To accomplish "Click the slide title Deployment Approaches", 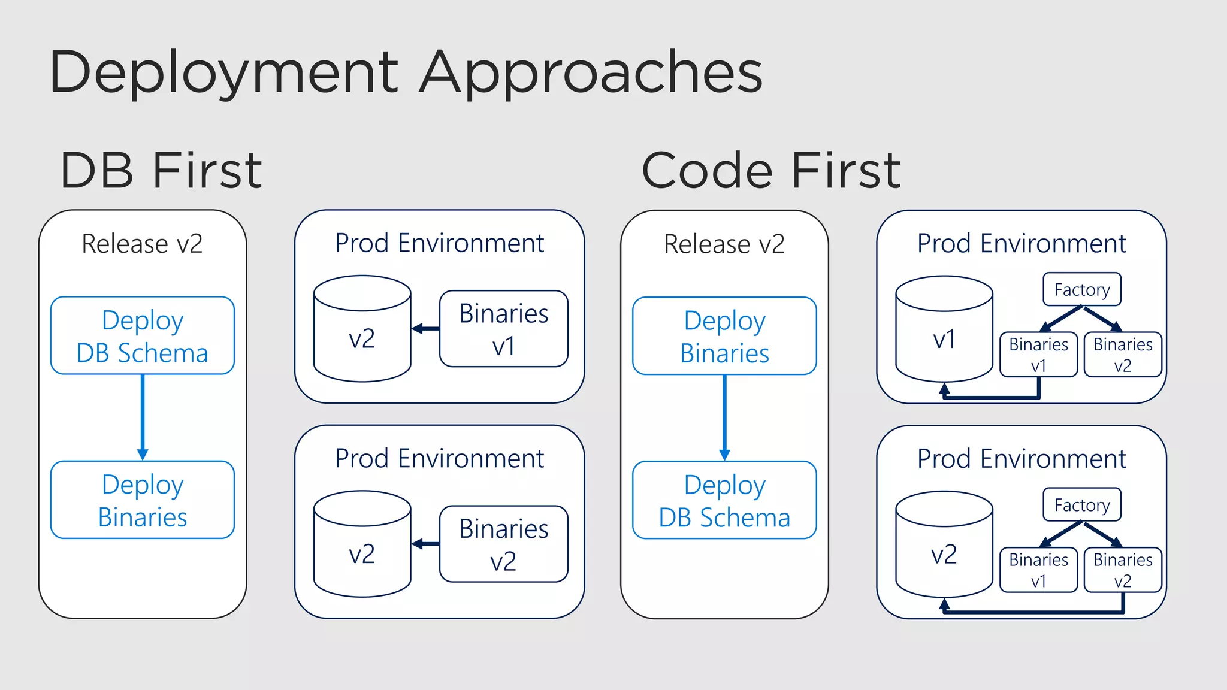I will [406, 73].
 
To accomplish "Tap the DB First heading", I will [161, 171].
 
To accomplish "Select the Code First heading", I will [770, 171].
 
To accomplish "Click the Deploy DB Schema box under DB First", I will [143, 336].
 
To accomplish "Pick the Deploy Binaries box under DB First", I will [143, 500].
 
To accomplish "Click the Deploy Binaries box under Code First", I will [724, 336].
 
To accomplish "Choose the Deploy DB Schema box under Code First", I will [724, 500].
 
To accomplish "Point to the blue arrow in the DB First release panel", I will [143, 417].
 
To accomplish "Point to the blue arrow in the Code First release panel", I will [724, 417].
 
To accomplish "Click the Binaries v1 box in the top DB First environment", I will [503, 329].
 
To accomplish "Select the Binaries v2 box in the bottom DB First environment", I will [503, 544].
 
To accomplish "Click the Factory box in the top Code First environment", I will [1081, 289].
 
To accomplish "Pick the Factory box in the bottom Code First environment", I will [1081, 505].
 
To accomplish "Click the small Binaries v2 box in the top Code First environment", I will [1122, 355].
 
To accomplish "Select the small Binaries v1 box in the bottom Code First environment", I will [1038, 570].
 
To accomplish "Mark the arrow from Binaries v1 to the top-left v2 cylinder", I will [425, 328].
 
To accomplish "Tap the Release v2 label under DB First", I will [142, 244].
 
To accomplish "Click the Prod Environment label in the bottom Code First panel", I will [1022, 459].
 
